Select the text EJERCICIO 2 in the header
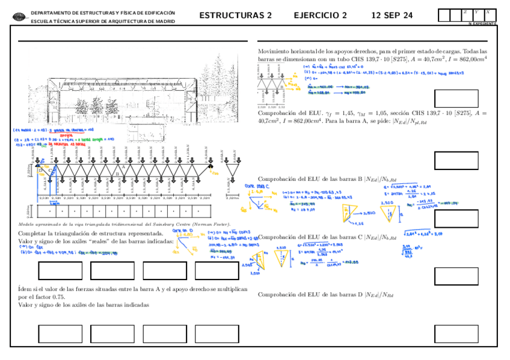click(320, 16)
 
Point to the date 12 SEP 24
click(392, 16)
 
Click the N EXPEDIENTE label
click(482, 23)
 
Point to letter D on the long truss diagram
click(41, 171)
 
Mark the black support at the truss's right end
click(211, 163)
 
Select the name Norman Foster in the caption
click(212, 224)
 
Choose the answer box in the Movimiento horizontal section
click(455, 98)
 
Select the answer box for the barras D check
click(455, 332)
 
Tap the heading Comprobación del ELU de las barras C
click(325, 237)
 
